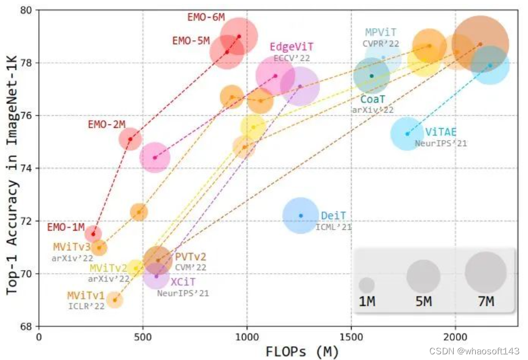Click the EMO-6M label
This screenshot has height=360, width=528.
click(x=206, y=17)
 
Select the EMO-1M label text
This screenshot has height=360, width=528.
click(x=66, y=227)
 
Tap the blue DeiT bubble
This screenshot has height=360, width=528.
click(x=301, y=215)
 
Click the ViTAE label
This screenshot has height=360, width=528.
click(x=441, y=133)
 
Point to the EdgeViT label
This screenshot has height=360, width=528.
click(x=292, y=46)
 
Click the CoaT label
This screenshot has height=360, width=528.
click(x=373, y=99)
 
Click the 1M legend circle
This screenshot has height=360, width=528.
click(x=367, y=285)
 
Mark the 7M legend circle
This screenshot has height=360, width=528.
click(x=485, y=273)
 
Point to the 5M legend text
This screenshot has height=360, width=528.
click(x=424, y=302)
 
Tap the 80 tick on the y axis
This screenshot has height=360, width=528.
click(x=26, y=10)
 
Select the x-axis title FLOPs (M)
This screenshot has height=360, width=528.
click(x=302, y=351)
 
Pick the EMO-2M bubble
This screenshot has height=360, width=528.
click(x=130, y=139)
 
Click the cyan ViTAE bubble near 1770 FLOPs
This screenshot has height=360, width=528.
click(x=407, y=134)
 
